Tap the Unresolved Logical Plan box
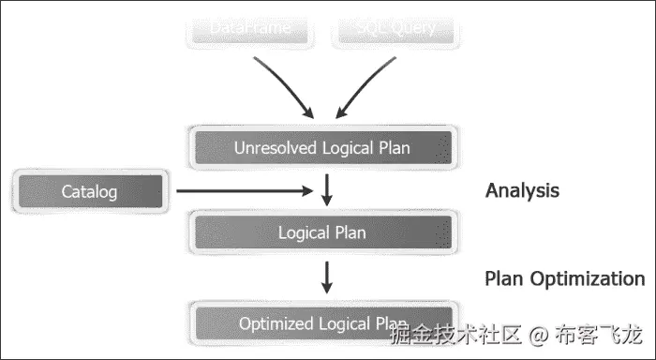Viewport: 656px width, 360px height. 322,147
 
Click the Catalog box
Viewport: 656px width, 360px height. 90,192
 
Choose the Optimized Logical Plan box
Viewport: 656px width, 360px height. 322,323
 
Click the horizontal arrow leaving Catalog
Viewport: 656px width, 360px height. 244,191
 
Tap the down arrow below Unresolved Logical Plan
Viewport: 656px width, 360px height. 326,187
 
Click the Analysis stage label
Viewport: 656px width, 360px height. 522,190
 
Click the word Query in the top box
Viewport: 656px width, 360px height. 414,28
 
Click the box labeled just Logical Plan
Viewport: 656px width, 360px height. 322,232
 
